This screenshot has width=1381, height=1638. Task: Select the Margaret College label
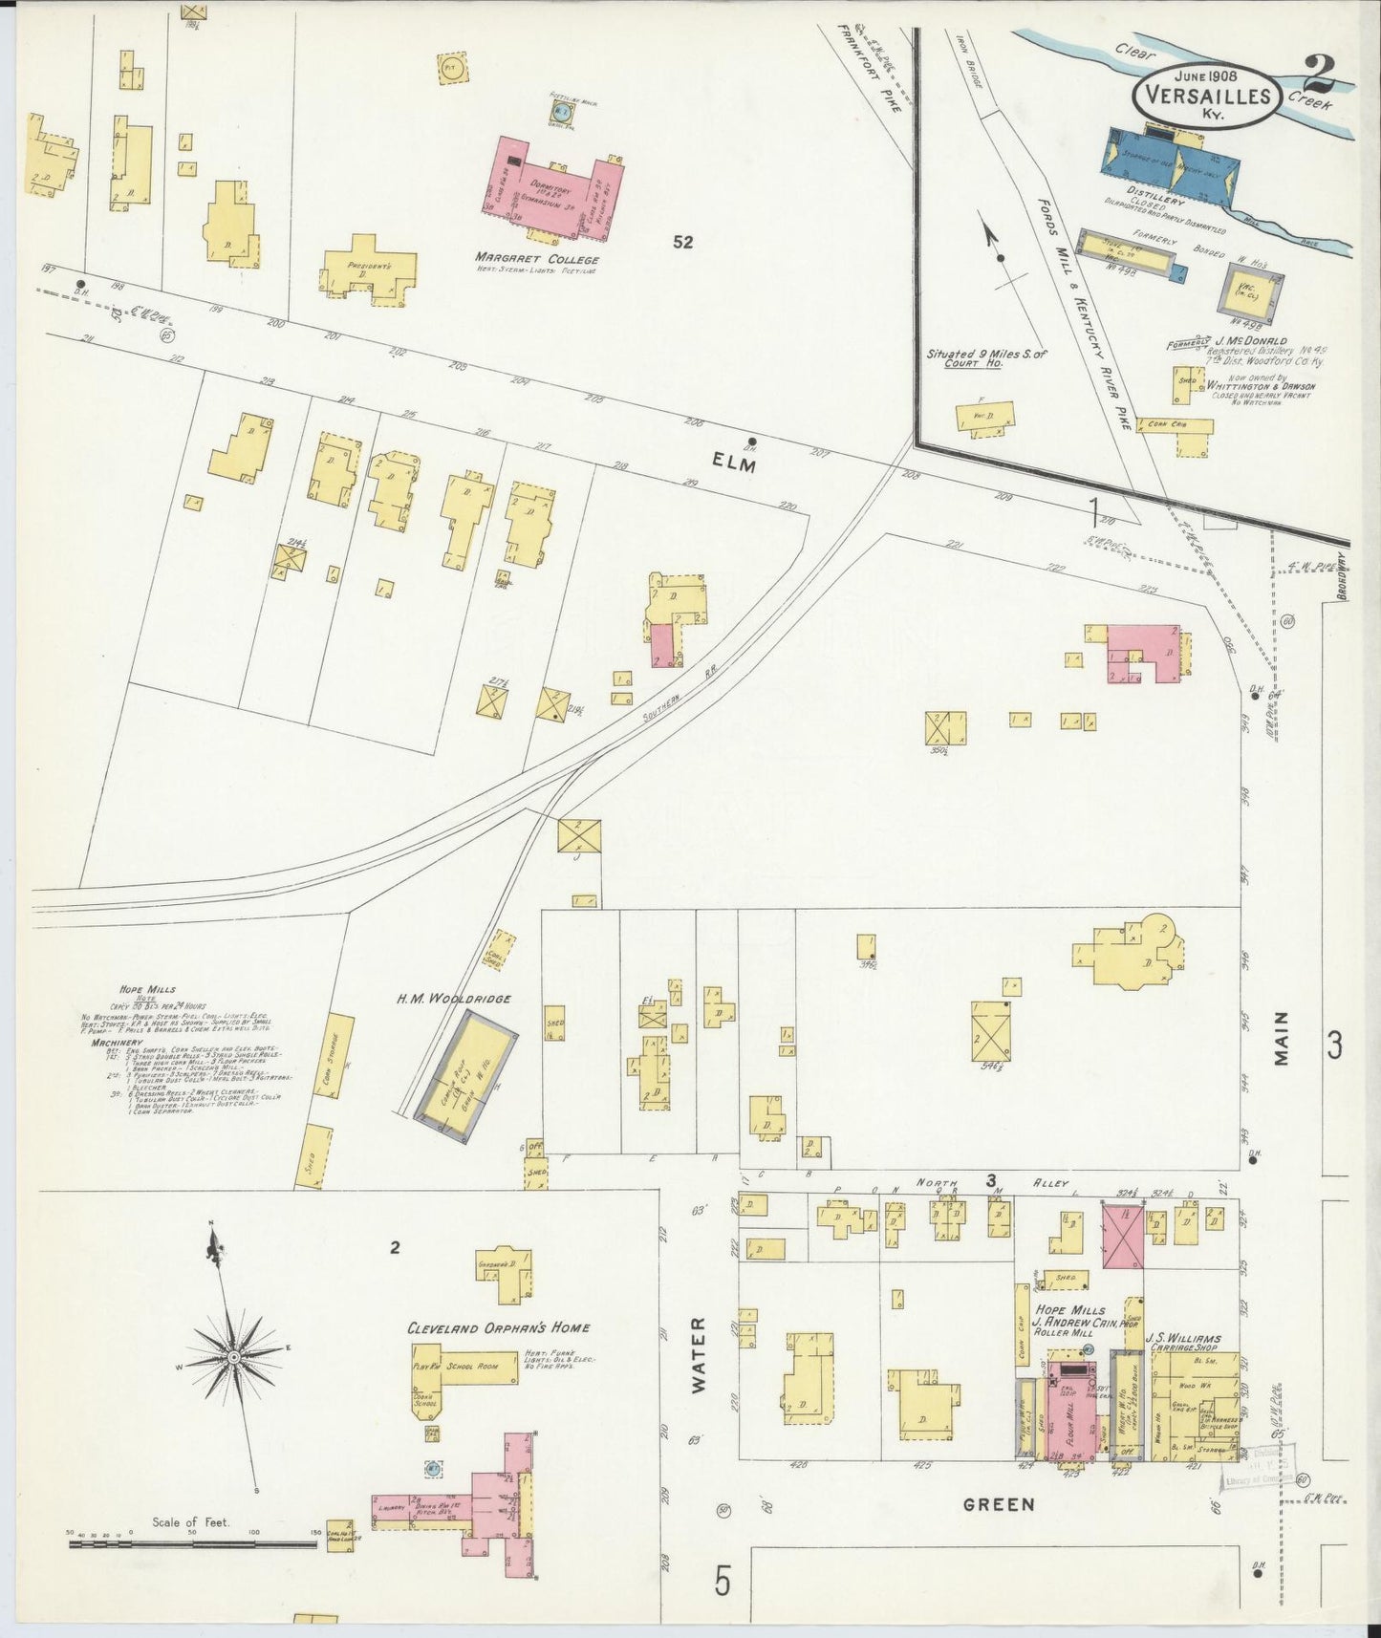tap(537, 259)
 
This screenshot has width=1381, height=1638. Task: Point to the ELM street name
tap(734, 465)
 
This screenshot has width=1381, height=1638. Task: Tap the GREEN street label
tap(999, 1504)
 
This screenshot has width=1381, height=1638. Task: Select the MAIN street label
tap(1281, 1039)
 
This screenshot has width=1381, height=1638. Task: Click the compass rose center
tap(232, 1357)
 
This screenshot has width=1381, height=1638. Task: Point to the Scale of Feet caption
tap(190, 1522)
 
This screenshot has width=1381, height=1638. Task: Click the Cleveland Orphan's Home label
tap(498, 1327)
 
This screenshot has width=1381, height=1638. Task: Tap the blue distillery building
tap(1171, 163)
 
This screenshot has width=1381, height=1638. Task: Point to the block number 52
tap(681, 243)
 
